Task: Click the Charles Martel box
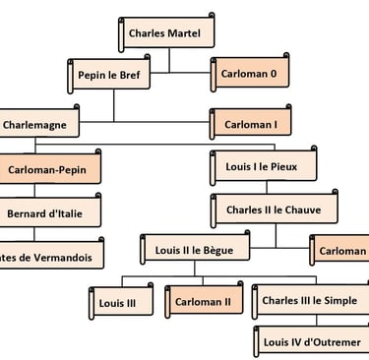(169, 34)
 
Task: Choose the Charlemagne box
(39, 125)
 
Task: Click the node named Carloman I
(252, 125)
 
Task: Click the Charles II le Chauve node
(266, 210)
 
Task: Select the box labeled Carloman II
(203, 302)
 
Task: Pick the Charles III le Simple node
(308, 301)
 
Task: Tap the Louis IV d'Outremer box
(310, 342)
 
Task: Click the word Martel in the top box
(193, 34)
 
